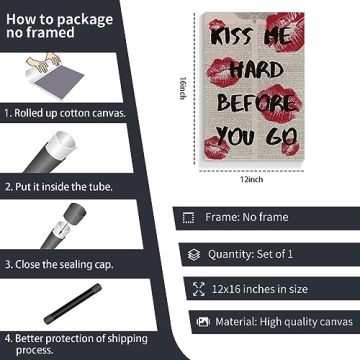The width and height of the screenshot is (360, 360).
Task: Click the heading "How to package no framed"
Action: coord(59,26)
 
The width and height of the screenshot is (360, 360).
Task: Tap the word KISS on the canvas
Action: coord(232,37)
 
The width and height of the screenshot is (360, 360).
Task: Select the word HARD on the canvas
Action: coord(256,70)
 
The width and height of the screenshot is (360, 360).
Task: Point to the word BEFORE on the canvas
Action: coord(256,102)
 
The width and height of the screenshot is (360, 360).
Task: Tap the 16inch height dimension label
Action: coord(183,88)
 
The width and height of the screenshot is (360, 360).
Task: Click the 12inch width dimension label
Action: coord(252,179)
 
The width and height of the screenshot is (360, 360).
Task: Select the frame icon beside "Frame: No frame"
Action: coord(188,218)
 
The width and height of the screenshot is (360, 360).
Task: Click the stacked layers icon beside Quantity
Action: coord(194,255)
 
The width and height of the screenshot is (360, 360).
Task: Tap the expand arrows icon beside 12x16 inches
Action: coord(199,289)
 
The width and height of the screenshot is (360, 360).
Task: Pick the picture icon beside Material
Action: coord(203,322)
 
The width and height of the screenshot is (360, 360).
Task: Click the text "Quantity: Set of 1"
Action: coord(250,254)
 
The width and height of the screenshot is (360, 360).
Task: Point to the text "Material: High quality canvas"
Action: coord(284,322)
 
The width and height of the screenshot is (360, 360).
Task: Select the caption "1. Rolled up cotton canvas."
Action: coord(65,113)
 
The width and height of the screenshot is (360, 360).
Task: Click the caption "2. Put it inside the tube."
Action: coord(59,187)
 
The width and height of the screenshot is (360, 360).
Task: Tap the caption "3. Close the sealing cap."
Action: coord(59,265)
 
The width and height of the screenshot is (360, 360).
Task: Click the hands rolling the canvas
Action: coord(44,62)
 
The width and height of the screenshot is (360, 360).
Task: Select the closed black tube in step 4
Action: coord(73,304)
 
